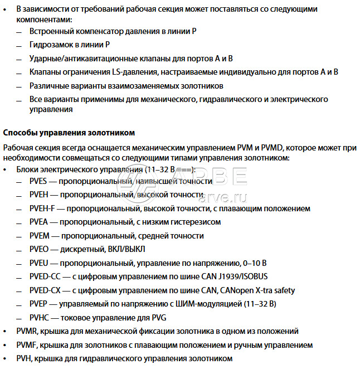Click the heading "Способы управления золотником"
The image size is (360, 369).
pyautogui.click(x=69, y=133)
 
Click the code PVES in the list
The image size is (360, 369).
pyautogui.click(x=40, y=182)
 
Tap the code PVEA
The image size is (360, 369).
pyautogui.click(x=40, y=222)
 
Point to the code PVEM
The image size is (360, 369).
pyautogui.click(x=40, y=236)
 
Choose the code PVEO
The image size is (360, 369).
pyautogui.click(x=40, y=249)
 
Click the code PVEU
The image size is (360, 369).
pyautogui.click(x=40, y=263)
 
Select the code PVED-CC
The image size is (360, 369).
pyautogui.click(x=45, y=276)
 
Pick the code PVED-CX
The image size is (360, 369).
pyautogui.click(x=45, y=290)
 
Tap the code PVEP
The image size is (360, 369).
pyautogui.click(x=40, y=304)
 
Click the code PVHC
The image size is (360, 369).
pyautogui.click(x=40, y=318)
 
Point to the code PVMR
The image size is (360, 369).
pyautogui.click(x=27, y=331)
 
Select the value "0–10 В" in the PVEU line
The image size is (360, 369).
pyautogui.click(x=254, y=263)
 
